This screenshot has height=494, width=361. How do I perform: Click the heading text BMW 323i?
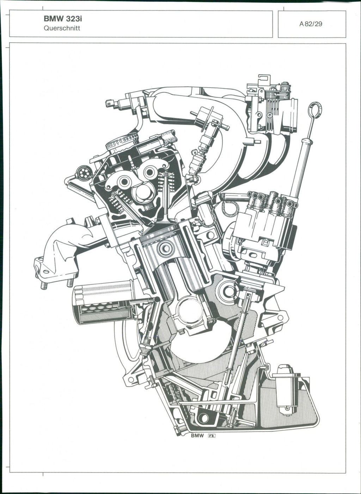pos(63,19)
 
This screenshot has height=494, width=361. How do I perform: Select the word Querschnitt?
pos(62,28)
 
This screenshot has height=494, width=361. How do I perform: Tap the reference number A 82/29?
pos(311,24)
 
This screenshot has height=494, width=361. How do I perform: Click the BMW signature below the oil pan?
pos(197,436)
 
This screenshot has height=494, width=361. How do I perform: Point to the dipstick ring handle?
pos(315,110)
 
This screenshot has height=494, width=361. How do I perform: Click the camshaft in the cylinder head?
pos(143,192)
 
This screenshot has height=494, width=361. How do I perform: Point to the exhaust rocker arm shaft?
pos(125,182)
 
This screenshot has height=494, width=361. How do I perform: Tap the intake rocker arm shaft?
pos(151,172)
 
